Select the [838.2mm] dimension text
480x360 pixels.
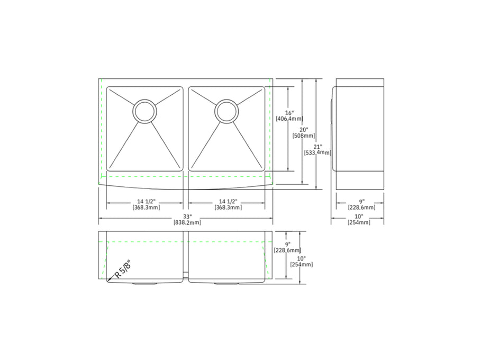(187, 222)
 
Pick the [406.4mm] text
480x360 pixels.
(289, 119)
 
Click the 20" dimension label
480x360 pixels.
(304, 130)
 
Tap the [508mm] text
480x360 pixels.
(304, 136)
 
